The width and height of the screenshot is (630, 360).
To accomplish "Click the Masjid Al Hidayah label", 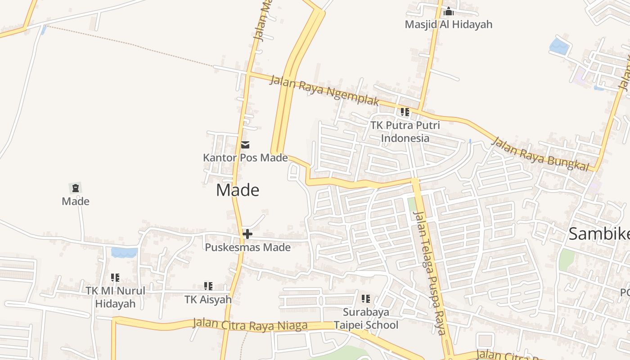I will pyautogui.click(x=448, y=24).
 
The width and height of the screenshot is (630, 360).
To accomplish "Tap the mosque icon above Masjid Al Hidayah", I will pyautogui.click(x=448, y=11).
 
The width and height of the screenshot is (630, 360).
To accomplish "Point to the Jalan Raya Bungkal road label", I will pyautogui.click(x=540, y=154).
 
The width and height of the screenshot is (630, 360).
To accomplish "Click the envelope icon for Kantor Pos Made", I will pyautogui.click(x=245, y=145).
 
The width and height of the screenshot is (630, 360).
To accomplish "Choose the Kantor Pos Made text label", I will pyautogui.click(x=245, y=158).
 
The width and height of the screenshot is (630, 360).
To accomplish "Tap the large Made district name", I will pyautogui.click(x=238, y=190).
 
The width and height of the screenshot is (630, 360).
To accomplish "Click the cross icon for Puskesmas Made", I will pyautogui.click(x=247, y=234).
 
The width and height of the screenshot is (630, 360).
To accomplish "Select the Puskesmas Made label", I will pyautogui.click(x=247, y=247).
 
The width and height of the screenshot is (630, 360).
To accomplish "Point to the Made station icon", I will pyautogui.click(x=75, y=188).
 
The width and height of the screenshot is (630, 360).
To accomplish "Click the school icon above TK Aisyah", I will pyautogui.click(x=208, y=286).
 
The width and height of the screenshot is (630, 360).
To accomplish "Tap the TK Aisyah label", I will pyautogui.click(x=208, y=299).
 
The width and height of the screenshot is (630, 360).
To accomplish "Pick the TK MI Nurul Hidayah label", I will pyautogui.click(x=116, y=297).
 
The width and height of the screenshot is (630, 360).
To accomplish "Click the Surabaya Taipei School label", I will pyautogui.click(x=366, y=318).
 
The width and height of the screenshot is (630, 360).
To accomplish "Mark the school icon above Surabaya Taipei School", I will pyautogui.click(x=366, y=298).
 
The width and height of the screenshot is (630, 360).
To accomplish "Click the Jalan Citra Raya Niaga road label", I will pyautogui.click(x=250, y=324).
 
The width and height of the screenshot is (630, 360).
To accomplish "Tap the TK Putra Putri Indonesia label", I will pyautogui.click(x=405, y=131).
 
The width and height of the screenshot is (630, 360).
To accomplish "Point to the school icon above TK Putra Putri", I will pyautogui.click(x=405, y=112).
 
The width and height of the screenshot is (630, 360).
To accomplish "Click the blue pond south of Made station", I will pyautogui.click(x=124, y=252).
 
